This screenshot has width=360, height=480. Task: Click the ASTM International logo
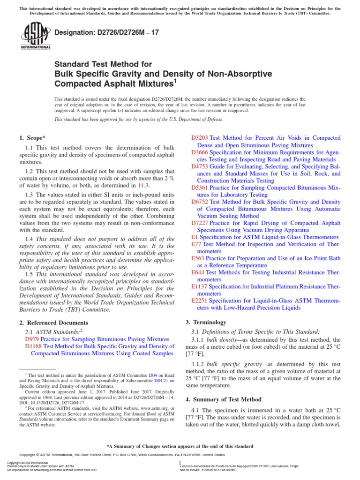(x=35, y=37)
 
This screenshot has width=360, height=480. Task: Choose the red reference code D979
(x=31, y=338)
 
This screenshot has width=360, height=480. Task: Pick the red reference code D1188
(x=33, y=346)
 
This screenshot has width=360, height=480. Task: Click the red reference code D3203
(x=200, y=138)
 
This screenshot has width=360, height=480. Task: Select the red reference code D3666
(x=200, y=152)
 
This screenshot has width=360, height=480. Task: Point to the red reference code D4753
(x=200, y=166)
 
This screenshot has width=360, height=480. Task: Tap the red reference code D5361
(x=200, y=187)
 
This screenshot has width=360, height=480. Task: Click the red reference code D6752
(x=200, y=202)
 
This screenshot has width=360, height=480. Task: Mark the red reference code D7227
(x=200, y=223)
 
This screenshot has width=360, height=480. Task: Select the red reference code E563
(x=198, y=258)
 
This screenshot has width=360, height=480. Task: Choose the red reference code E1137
(x=200, y=287)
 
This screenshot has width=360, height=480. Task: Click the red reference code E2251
(x=200, y=300)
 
